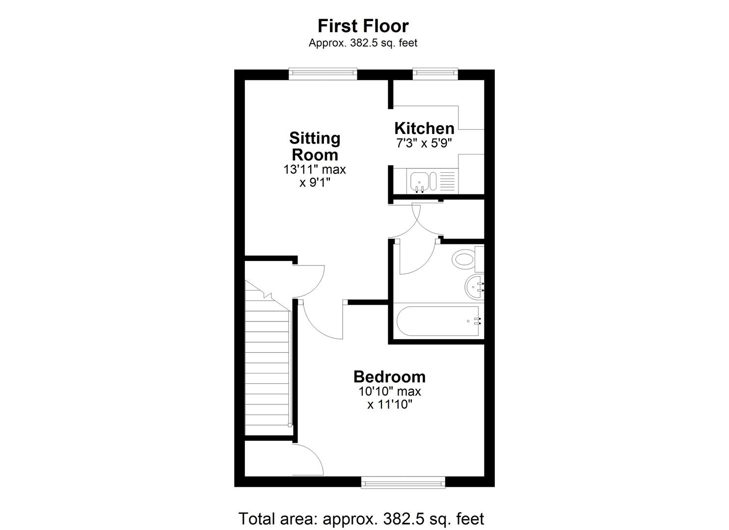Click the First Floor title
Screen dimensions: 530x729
tap(363, 26)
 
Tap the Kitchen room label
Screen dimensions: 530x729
tap(424, 129)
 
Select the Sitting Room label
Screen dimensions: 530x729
tap(315, 146)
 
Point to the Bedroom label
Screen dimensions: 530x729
tap(389, 377)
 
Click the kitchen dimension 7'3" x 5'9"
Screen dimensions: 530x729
tap(424, 143)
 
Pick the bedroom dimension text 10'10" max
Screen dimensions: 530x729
tap(389, 392)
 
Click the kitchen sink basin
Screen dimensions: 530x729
tap(419, 181)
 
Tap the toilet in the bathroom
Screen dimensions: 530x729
tap(464, 258)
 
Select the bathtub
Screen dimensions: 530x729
tap(436, 321)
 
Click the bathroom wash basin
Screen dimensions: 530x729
tap(474, 287)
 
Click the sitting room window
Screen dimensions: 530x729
tap(323, 74)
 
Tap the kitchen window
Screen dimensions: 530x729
tap(435, 74)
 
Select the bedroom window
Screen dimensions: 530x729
tap(403, 482)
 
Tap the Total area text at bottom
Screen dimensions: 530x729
tap(361, 519)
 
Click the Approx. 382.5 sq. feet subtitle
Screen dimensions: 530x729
tap(363, 43)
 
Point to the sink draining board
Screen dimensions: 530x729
tap(446, 181)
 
